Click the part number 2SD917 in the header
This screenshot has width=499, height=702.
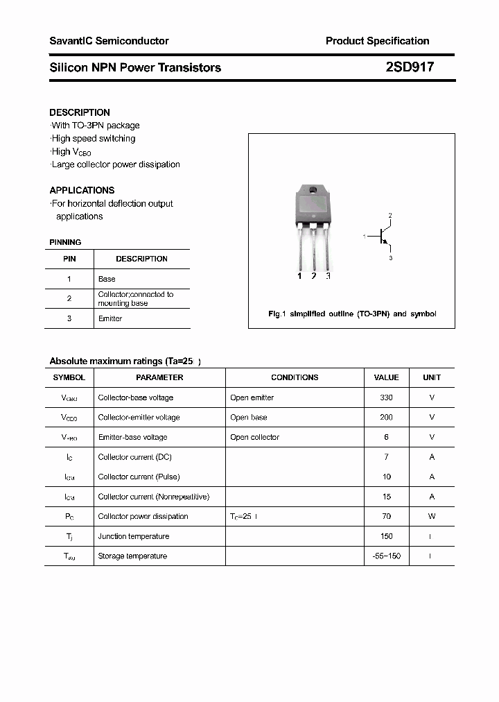[x=410, y=67]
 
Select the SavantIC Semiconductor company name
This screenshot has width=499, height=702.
[x=109, y=41]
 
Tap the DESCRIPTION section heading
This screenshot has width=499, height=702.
[x=80, y=112]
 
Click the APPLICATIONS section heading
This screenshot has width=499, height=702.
[x=82, y=190]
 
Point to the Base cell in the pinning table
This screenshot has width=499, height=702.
[x=107, y=279]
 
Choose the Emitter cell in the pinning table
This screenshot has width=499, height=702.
[x=110, y=318]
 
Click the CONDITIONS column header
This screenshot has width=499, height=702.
[x=295, y=377]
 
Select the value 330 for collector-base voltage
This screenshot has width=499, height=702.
[x=386, y=397]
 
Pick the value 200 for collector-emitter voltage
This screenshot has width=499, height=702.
[x=386, y=418]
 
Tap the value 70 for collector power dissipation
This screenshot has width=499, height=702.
[x=386, y=516]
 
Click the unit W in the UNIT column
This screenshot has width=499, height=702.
[x=431, y=516]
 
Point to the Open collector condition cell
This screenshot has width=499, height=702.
[x=255, y=437]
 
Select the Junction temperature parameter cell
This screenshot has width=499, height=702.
[x=134, y=536]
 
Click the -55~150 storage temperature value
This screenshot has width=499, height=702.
[x=386, y=556]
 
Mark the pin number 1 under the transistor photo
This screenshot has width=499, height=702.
[x=299, y=276]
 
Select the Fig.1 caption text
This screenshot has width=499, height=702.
[x=352, y=314]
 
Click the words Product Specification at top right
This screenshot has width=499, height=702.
[x=377, y=41]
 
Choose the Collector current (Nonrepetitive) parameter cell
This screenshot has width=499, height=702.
[x=154, y=497]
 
